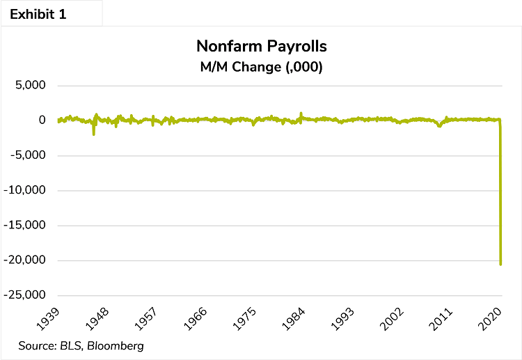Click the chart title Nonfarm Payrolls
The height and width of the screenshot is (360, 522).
click(262, 47)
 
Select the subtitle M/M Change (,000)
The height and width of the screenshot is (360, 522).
click(262, 68)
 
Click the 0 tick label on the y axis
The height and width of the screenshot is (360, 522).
click(42, 120)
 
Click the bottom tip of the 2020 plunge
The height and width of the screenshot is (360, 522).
click(500, 264)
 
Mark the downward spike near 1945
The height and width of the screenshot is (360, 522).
click(93, 134)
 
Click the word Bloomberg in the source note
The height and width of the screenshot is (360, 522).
click(120, 345)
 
